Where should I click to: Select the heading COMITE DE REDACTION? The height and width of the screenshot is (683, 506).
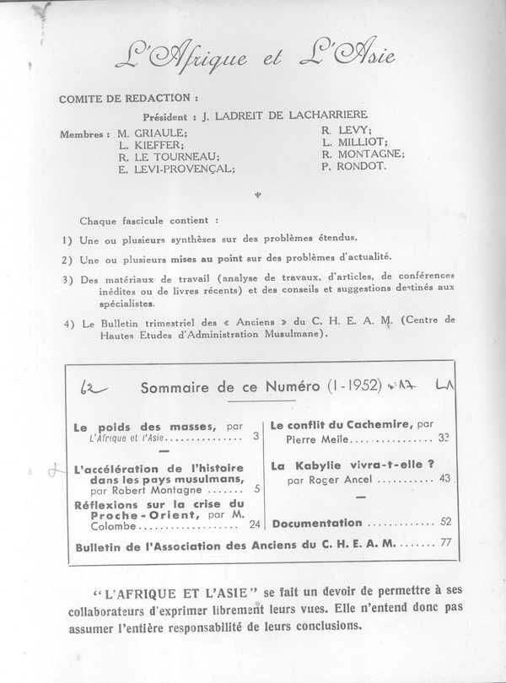click(128, 99)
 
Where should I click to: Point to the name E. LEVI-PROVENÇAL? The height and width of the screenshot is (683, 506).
click(176, 168)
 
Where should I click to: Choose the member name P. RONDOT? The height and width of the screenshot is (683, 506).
click(355, 166)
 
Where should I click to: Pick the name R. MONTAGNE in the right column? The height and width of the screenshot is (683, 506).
click(363, 154)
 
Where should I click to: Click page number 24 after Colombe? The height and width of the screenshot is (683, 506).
click(255, 524)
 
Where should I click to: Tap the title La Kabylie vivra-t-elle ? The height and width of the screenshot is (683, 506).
click(352, 465)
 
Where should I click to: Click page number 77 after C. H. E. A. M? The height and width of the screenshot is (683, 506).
click(444, 544)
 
